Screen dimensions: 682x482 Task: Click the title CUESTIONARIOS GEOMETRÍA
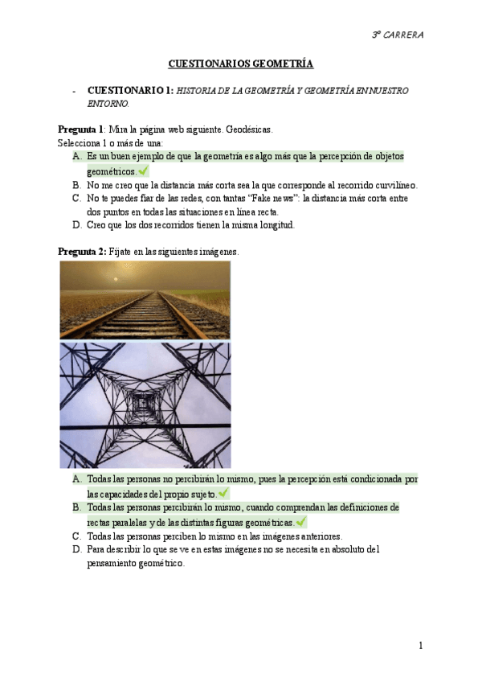point(240,64)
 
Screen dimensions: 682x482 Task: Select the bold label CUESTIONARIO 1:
point(130,91)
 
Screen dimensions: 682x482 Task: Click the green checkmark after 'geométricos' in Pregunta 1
point(144,170)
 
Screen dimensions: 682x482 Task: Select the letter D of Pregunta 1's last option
point(76,225)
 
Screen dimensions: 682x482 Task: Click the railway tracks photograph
point(145,299)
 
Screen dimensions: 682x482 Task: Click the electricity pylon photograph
point(145,405)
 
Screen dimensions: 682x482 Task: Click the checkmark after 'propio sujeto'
point(223,493)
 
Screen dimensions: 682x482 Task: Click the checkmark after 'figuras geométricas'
point(300,522)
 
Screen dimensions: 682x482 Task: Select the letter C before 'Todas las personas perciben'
point(76,536)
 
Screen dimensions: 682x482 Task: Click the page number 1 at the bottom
point(420,645)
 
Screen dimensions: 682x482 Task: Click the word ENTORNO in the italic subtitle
point(107,104)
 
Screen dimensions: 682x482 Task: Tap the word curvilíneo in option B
point(391,184)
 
